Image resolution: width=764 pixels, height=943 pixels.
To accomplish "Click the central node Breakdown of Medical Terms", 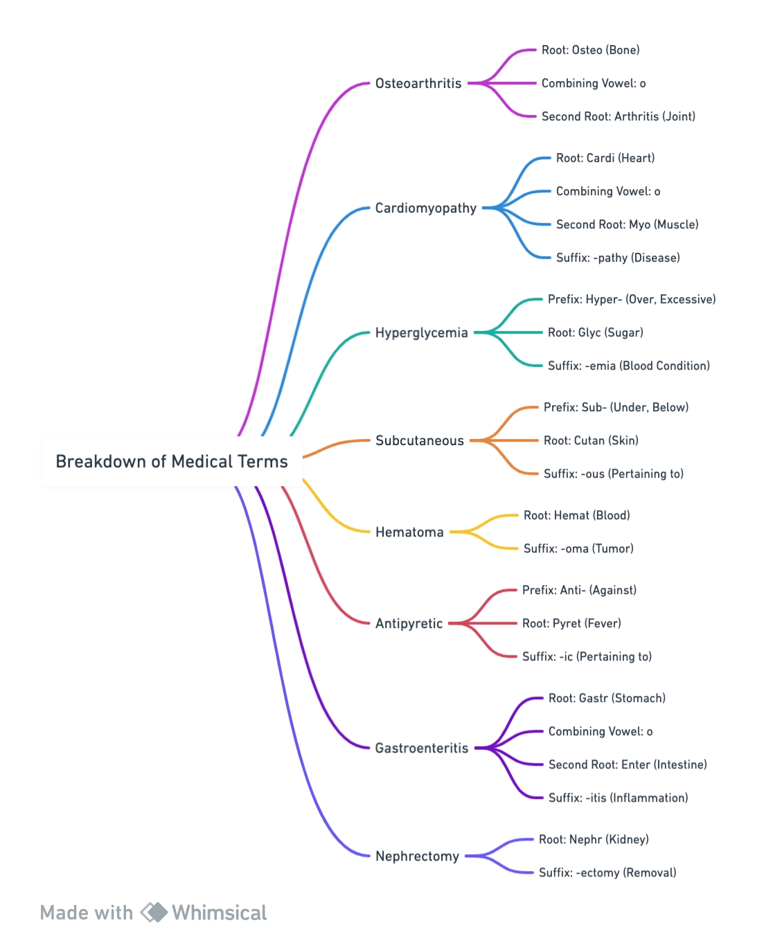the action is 171,461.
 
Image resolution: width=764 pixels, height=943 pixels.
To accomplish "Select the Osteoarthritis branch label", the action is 418,83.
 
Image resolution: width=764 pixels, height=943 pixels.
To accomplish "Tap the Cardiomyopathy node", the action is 425,208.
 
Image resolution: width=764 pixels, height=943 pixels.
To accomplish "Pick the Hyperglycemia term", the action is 421,332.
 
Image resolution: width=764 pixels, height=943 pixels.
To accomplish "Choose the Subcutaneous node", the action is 420,440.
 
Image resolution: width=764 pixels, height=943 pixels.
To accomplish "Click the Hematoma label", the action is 409,532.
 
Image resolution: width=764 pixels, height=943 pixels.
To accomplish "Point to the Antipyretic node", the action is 409,623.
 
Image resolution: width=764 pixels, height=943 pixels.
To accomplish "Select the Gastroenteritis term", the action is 422,748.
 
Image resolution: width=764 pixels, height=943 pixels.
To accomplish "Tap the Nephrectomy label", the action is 417,856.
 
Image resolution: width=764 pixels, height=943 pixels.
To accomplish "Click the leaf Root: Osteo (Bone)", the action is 590,50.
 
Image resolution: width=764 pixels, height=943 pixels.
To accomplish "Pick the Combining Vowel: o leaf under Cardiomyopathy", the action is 608,191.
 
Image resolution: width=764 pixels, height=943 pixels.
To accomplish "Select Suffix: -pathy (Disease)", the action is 618,258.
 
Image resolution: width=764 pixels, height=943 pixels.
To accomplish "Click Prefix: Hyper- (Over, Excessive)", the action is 632,299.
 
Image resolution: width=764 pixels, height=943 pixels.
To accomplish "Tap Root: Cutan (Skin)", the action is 591,440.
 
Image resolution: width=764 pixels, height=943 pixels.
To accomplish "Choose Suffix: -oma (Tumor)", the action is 578,548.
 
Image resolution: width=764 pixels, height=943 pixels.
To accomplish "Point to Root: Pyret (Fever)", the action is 571,623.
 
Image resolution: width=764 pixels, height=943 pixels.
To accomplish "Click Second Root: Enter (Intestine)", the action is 628,764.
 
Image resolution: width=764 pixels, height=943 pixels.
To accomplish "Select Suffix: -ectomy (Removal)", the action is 607,872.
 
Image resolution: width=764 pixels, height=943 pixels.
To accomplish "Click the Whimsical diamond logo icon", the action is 154,913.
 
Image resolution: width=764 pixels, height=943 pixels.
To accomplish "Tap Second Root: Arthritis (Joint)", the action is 619,116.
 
